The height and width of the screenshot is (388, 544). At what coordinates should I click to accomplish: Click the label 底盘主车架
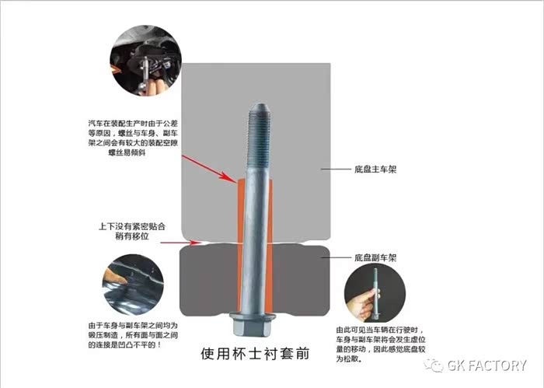coord(375,170)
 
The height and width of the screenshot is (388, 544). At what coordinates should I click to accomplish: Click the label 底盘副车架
coord(375,258)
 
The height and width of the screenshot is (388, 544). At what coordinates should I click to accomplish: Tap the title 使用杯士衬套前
coord(255,353)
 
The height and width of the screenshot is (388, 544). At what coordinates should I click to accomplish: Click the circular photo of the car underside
coord(146,61)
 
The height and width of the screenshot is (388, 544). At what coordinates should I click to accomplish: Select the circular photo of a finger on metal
coord(133,285)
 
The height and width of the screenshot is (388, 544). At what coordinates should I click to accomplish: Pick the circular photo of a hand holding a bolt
coord(375,292)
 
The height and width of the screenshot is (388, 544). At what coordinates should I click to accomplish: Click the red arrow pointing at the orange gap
coord(210,168)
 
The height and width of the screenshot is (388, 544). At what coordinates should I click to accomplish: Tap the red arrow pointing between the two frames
coord(181,243)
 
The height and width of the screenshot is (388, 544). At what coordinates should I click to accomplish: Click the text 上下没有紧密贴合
coord(132,226)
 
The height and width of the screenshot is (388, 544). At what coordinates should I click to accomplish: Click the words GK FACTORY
coord(486,365)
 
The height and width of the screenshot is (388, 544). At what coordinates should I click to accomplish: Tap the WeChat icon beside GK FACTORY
coord(434,365)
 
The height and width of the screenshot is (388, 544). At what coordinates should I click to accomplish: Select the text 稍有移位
coord(132,236)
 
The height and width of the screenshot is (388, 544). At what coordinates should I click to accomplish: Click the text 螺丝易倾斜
coord(127,152)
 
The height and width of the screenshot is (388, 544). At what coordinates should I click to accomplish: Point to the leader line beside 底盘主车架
coord(336,170)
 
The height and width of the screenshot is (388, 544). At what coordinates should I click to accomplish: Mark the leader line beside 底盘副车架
coord(336,257)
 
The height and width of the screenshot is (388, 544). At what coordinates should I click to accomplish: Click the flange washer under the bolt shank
coord(253,317)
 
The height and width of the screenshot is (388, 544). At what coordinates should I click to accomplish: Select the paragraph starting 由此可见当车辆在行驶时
coord(381,344)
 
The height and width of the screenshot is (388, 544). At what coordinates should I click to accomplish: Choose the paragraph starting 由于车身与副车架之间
coord(133,336)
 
